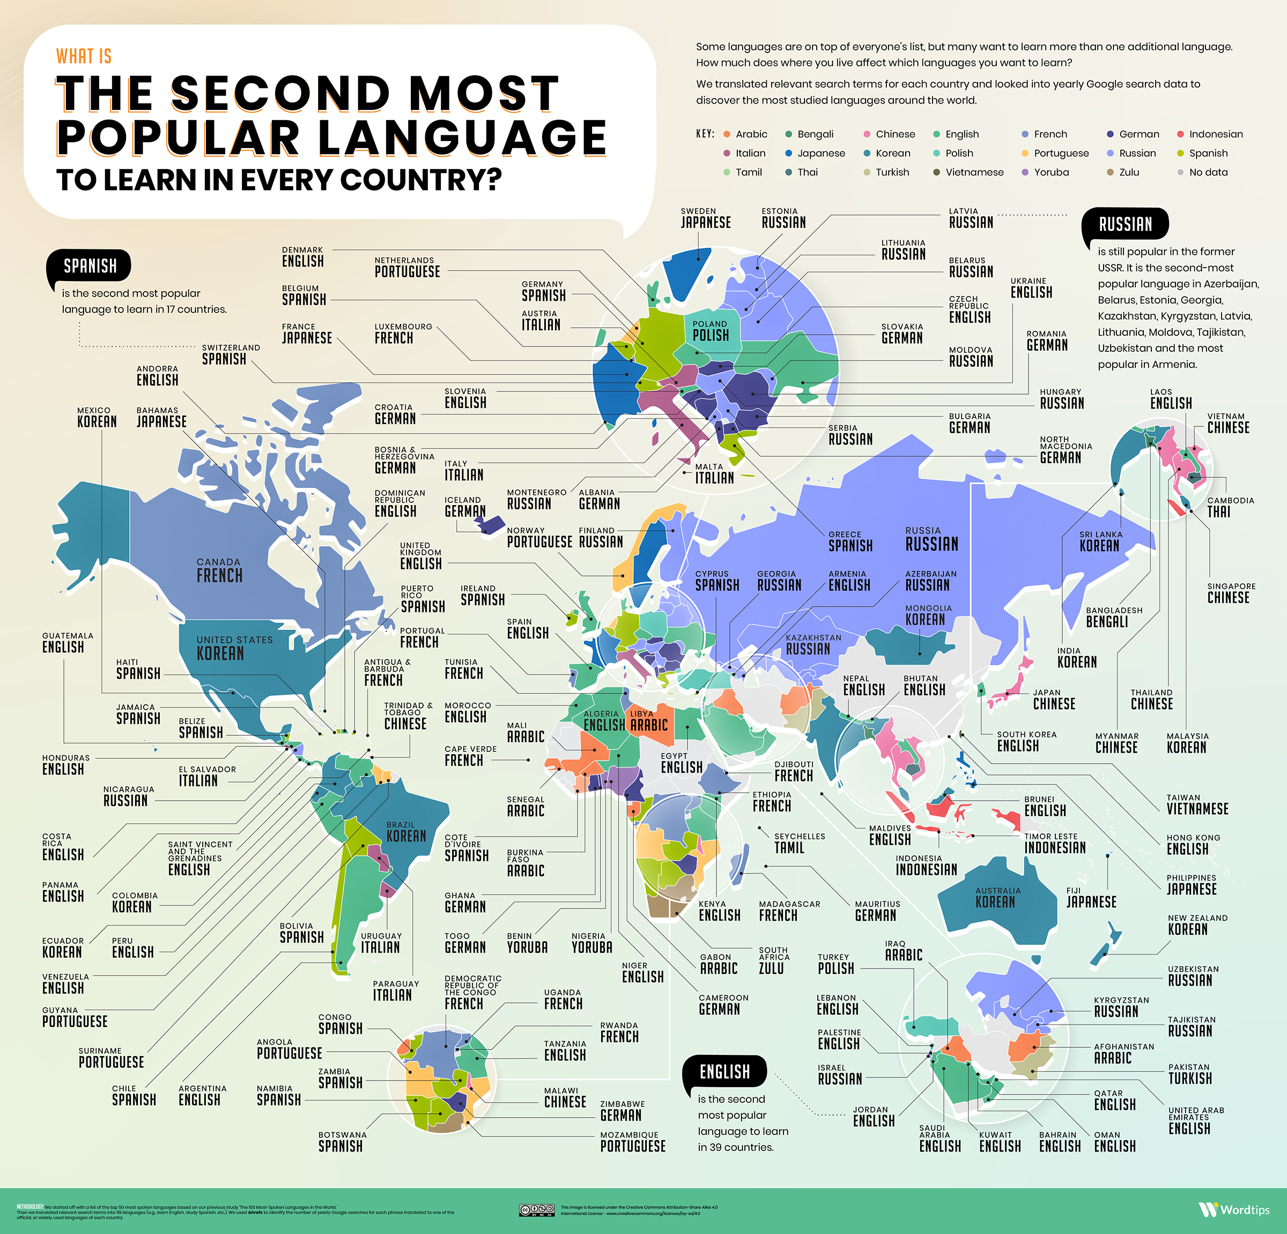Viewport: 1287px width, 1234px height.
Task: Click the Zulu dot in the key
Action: (x=1111, y=172)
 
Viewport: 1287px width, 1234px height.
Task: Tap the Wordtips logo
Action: (x=1234, y=1209)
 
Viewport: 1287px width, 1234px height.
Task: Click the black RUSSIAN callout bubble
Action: (x=1125, y=224)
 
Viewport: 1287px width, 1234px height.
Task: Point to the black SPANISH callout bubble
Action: (x=90, y=265)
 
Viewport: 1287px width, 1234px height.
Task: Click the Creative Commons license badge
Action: (x=536, y=1210)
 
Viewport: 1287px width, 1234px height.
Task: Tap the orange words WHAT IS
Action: (x=84, y=56)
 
